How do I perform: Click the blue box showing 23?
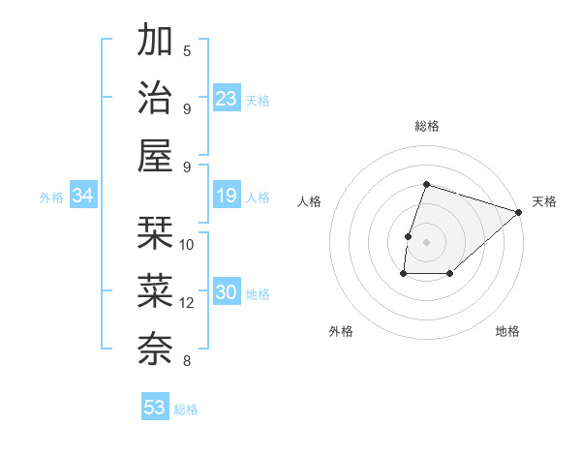[226, 99]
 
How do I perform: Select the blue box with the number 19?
[226, 197]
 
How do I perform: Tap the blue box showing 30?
[226, 293]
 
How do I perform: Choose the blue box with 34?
[82, 197]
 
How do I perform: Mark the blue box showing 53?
[155, 408]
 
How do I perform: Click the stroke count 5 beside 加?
[187, 50]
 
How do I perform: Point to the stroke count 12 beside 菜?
[187, 303]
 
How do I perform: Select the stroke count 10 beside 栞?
[187, 244]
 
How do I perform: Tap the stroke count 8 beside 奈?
[187, 362]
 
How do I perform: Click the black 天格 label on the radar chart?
[544, 201]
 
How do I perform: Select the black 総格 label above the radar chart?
[426, 126]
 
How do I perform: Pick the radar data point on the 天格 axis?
[519, 212]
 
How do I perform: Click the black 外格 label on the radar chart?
[341, 332]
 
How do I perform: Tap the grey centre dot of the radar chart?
[426, 242]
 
